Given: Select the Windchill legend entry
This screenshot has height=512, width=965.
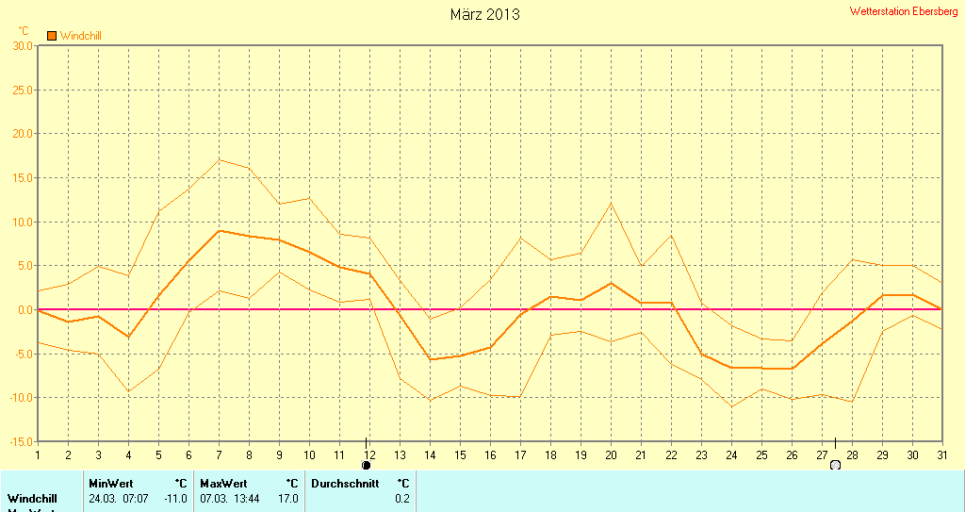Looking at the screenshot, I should (x=74, y=36).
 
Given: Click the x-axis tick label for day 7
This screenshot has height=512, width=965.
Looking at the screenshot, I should (x=219, y=454).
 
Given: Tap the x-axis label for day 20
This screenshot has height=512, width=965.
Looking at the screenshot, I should (x=611, y=454).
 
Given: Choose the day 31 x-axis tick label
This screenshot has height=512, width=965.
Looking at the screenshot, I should (x=941, y=454).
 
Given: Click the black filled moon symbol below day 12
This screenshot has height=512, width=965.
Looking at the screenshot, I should (x=367, y=465).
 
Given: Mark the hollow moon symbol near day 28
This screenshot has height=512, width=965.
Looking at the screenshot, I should (x=835, y=465).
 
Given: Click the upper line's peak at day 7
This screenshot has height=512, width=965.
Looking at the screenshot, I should (x=219, y=159).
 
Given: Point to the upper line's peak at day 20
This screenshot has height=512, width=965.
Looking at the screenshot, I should (x=611, y=203).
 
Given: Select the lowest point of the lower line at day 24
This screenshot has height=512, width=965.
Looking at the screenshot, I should (x=731, y=406).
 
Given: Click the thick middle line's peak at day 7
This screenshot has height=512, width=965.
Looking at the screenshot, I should (x=219, y=230).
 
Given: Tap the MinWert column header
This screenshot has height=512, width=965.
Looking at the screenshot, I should (x=110, y=484).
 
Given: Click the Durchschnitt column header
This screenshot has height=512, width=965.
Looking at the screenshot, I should (x=345, y=484).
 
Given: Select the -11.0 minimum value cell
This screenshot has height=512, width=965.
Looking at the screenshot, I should (x=176, y=498).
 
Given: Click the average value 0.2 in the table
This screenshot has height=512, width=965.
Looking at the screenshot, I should (x=402, y=498).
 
